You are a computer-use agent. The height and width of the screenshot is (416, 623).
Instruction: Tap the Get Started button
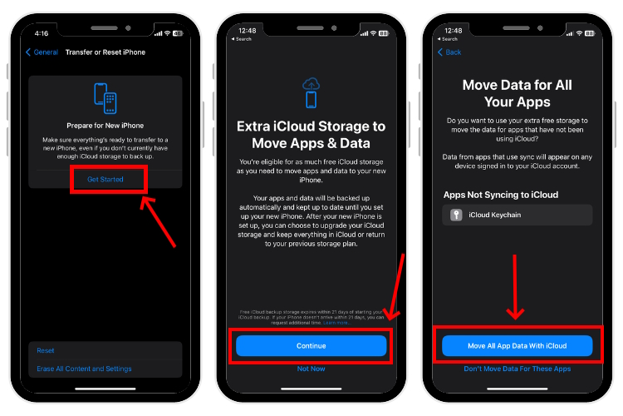105,180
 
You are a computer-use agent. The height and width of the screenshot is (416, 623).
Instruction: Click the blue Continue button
311,345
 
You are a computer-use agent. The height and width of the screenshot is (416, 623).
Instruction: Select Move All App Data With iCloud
517,345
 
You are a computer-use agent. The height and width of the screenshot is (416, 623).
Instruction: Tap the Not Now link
311,369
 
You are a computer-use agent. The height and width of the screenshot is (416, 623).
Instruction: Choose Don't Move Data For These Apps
517,369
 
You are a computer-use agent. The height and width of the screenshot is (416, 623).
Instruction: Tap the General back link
42,52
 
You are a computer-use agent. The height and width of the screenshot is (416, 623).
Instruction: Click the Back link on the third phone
450,52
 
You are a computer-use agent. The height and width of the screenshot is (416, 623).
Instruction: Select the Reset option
46,350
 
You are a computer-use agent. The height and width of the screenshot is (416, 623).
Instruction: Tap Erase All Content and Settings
84,369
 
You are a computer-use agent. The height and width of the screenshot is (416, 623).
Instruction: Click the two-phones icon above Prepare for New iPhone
105,100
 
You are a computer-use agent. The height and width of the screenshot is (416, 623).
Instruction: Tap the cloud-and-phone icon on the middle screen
311,92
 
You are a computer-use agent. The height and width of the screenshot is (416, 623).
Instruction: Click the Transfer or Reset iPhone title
105,52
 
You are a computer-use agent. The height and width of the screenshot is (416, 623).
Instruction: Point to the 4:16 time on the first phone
42,33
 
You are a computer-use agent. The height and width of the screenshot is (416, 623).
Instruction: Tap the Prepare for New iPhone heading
105,126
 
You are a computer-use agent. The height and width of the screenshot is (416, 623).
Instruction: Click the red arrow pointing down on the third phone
516,287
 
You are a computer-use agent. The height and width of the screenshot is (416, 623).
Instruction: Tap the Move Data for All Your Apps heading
517,94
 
